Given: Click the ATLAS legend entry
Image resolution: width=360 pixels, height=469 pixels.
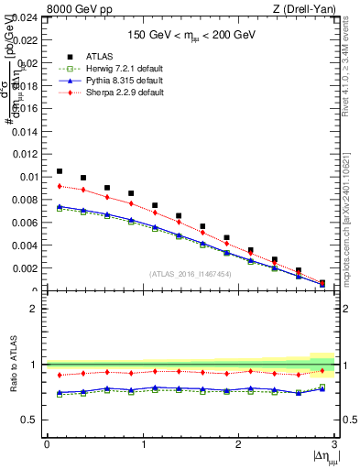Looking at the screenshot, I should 92,60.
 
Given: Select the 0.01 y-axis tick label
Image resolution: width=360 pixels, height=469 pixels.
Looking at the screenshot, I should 30,177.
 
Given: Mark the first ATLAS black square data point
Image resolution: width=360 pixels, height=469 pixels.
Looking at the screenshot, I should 60,171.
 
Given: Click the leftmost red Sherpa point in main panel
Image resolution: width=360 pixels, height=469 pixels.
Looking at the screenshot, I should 60,186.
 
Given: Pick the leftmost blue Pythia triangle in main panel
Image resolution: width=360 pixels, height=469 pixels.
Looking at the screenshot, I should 60,206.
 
